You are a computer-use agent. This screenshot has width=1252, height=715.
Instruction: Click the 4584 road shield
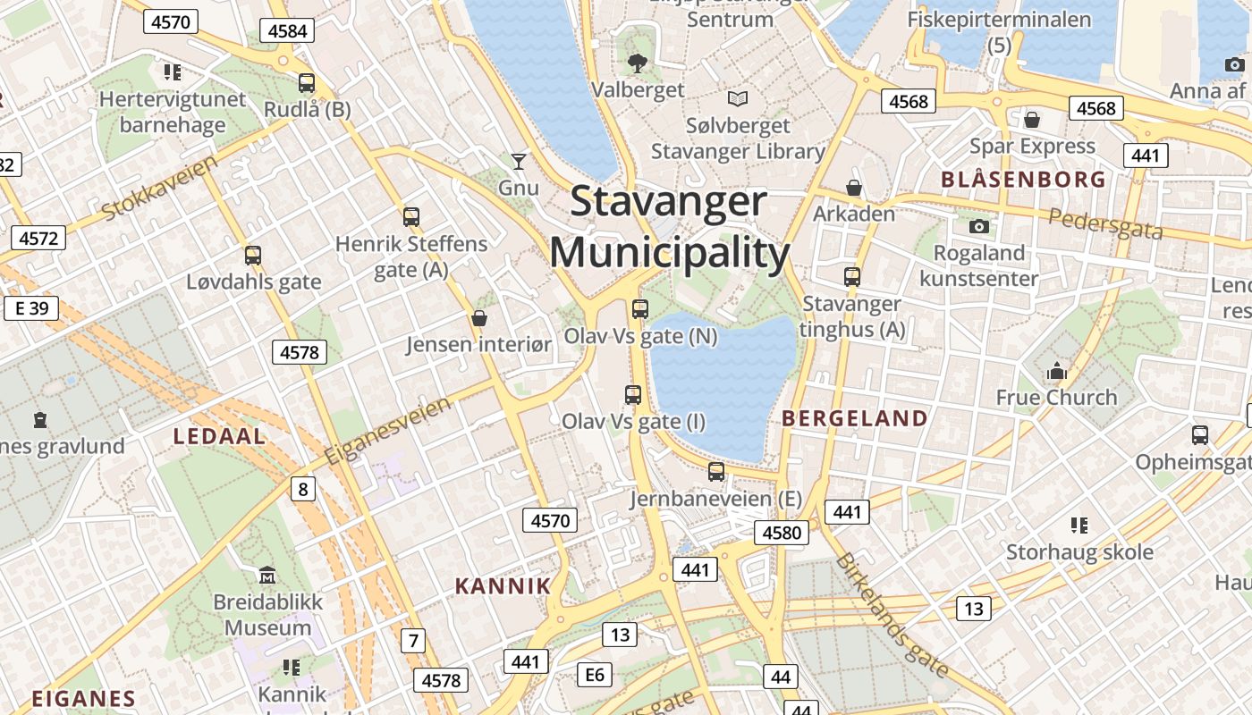[x=288, y=31]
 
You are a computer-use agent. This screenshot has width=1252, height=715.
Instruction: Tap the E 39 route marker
[x=31, y=308]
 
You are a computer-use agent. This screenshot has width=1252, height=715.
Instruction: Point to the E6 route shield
[x=595, y=675]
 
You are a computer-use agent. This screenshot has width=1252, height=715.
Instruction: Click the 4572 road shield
[x=38, y=238]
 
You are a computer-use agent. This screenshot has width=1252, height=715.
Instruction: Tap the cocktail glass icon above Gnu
[x=519, y=162]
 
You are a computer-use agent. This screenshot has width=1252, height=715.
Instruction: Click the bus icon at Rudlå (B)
[x=307, y=83]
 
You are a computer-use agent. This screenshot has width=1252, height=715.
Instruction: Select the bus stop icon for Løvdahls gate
[x=253, y=256]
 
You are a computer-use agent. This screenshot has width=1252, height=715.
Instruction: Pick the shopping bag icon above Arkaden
[x=854, y=188]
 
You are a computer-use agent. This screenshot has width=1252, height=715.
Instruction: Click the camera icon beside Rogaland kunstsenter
[x=979, y=226]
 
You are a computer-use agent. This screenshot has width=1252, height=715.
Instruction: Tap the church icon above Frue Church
[x=1057, y=371]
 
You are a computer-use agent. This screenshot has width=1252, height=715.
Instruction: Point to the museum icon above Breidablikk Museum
[x=267, y=575]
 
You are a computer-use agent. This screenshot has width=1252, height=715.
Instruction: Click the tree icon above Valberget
[x=638, y=63]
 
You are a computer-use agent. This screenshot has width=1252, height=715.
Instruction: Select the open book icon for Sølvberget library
[x=738, y=98]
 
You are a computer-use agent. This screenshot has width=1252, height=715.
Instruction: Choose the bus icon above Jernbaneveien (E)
[x=716, y=472]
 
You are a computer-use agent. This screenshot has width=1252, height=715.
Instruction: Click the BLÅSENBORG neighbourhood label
[x=1023, y=180]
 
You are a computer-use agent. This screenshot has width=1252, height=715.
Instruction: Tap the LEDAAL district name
[x=219, y=436]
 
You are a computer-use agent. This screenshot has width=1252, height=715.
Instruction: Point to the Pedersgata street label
[x=1105, y=223]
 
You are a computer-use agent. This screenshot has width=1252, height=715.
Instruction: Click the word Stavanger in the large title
[x=668, y=201]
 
